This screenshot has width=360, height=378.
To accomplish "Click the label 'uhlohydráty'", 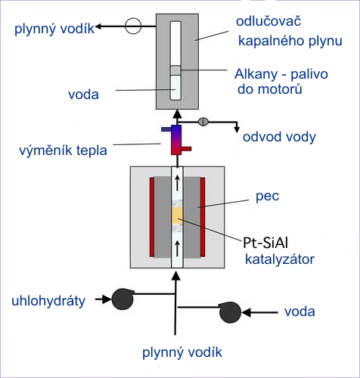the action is pyautogui.click(x=48, y=301).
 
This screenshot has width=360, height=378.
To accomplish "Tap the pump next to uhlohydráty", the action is pyautogui.click(x=123, y=299).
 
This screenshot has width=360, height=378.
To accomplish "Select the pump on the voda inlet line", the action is pyautogui.click(x=230, y=312).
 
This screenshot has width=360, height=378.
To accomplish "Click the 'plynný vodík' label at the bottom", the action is pyautogui.click(x=182, y=352).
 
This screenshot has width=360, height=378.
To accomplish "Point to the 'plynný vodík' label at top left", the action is pyautogui.click(x=54, y=29).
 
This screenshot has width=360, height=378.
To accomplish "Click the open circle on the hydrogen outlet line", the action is pyautogui.click(x=133, y=26).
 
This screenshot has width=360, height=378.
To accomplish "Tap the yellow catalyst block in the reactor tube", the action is pyautogui.click(x=177, y=216).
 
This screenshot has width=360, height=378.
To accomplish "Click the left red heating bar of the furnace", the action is pyautogui.click(x=152, y=217).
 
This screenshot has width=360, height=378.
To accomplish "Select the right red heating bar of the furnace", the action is pyautogui.click(x=203, y=217).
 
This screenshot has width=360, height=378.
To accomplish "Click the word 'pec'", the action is pyautogui.click(x=268, y=197).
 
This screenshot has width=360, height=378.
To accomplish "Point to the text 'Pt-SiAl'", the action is pyautogui.click(x=265, y=243).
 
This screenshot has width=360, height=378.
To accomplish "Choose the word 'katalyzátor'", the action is pyautogui.click(x=280, y=259).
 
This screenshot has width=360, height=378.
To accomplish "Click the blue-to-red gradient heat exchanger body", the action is pyautogui.click(x=176, y=140).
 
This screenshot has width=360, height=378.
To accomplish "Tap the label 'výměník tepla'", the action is pyautogui.click(x=63, y=150).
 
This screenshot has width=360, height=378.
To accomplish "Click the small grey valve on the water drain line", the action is pyautogui.click(x=203, y=122).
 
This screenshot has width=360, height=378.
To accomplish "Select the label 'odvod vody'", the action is pyautogui.click(x=279, y=137).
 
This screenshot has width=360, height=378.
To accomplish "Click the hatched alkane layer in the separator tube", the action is pyautogui.click(x=175, y=70).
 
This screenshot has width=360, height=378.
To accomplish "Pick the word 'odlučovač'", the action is pyautogui.click(x=268, y=21).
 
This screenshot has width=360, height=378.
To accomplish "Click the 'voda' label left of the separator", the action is pyautogui.click(x=83, y=94).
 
